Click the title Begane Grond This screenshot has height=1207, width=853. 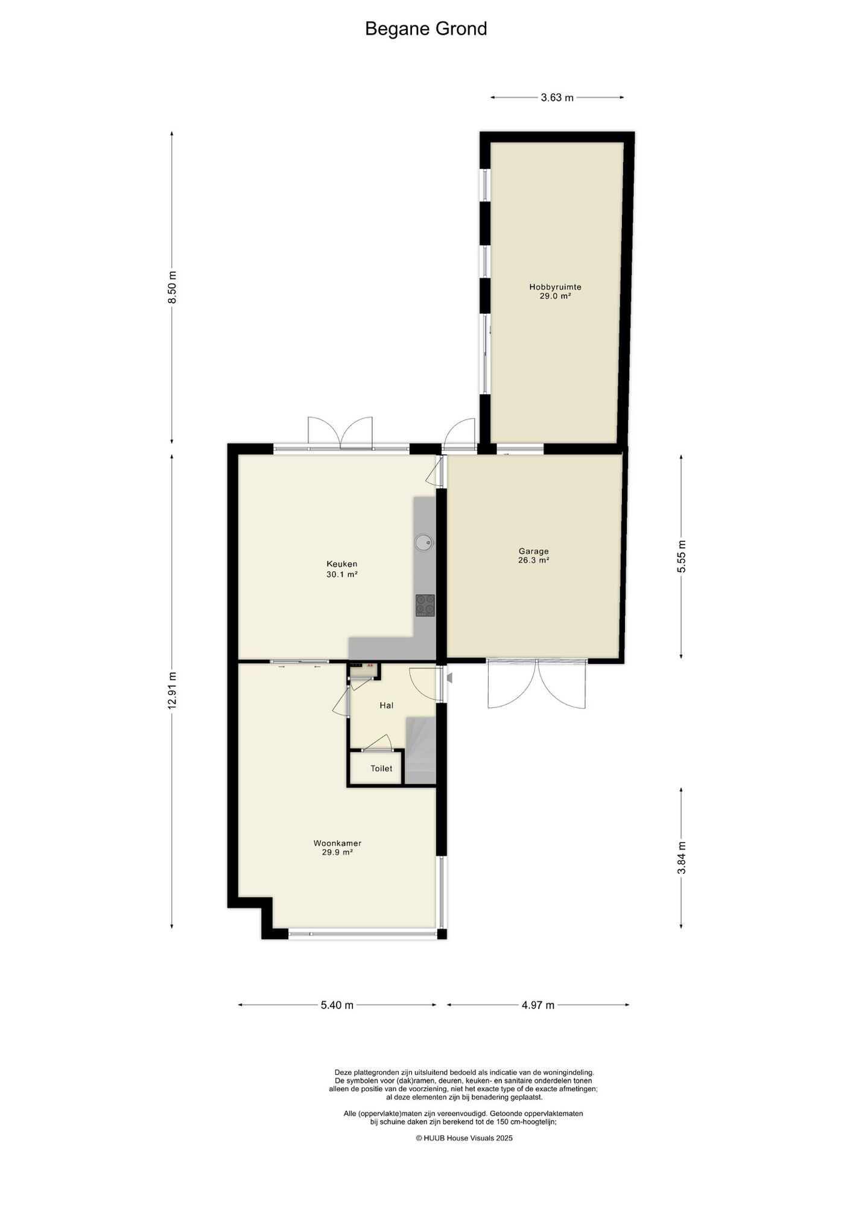pyautogui.click(x=426, y=29)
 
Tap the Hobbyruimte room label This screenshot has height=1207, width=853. pyautogui.click(x=555, y=287)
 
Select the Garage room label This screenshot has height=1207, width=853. pyautogui.click(x=534, y=551)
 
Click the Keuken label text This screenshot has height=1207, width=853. pyautogui.click(x=342, y=564)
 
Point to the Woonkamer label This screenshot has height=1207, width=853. pyautogui.click(x=337, y=843)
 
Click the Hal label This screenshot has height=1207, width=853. pyautogui.click(x=387, y=705)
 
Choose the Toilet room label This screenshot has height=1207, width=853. pyautogui.click(x=381, y=768)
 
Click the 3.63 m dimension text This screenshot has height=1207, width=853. pyautogui.click(x=557, y=98)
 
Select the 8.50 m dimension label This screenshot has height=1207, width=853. pyautogui.click(x=173, y=287)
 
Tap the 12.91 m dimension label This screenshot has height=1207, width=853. pyautogui.click(x=173, y=691)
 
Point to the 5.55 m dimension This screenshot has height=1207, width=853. pyautogui.click(x=682, y=556)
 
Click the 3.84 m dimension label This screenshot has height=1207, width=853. pyautogui.click(x=682, y=858)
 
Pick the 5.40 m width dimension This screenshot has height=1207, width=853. pyautogui.click(x=337, y=1005)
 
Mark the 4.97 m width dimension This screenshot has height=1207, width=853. pyautogui.click(x=538, y=1005)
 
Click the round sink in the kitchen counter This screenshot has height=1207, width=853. pyautogui.click(x=424, y=543)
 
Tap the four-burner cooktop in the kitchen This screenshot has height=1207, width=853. pyautogui.click(x=425, y=605)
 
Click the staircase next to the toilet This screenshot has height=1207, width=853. pyautogui.click(x=420, y=751)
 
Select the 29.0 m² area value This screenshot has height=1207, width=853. pyautogui.click(x=555, y=296)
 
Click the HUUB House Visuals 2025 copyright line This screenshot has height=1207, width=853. pyautogui.click(x=464, y=1138)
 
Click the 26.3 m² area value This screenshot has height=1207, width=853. pyautogui.click(x=534, y=560)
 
